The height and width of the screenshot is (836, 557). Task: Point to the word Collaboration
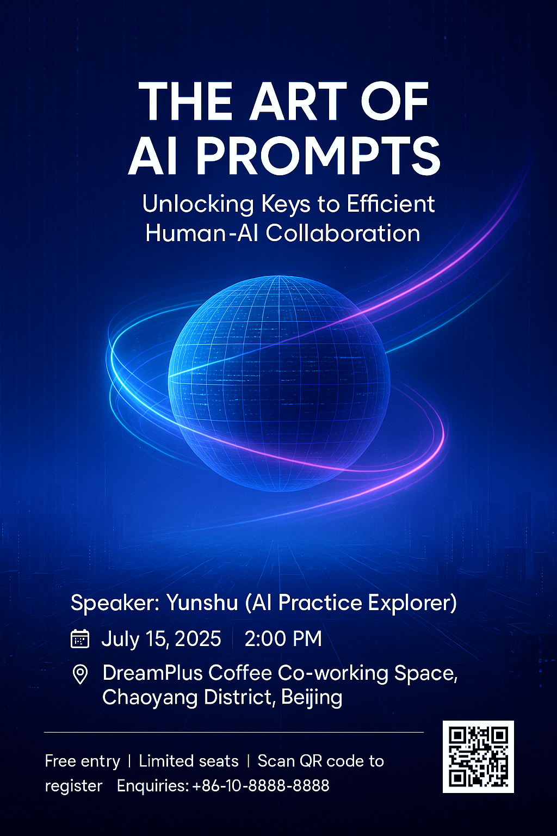click(x=343, y=233)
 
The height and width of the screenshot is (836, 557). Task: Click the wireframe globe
click(x=278, y=384)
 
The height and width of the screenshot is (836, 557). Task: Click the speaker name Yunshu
click(x=202, y=603)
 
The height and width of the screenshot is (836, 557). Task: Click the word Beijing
click(x=312, y=698)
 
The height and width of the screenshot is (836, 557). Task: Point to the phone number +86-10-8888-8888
click(x=261, y=785)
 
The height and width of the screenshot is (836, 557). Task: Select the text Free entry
click(x=83, y=761)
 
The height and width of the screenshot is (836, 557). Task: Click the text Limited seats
click(x=189, y=761)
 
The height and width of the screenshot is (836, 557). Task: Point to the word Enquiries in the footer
click(x=153, y=786)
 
